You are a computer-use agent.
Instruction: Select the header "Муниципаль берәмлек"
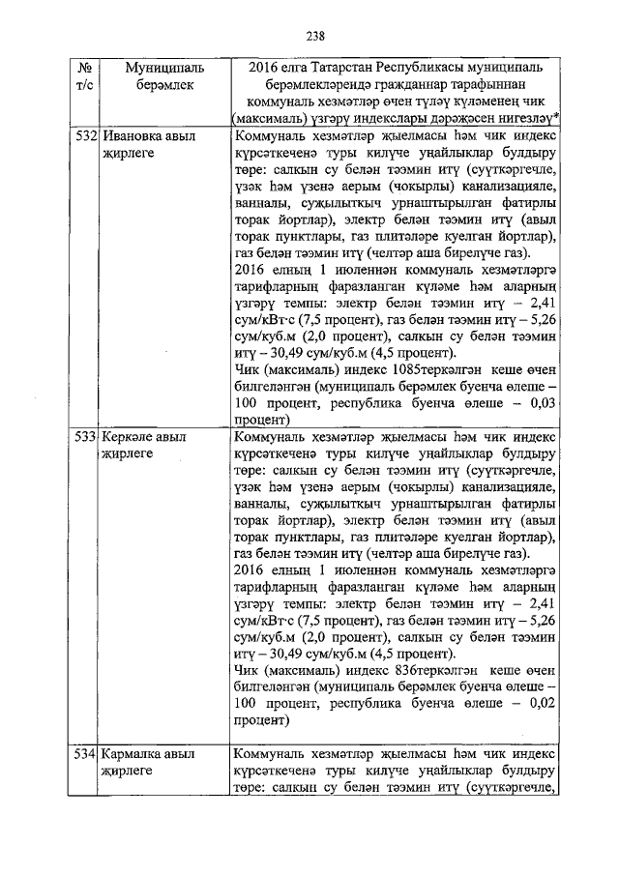click(x=164, y=77)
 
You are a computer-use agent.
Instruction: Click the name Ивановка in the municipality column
click(x=134, y=137)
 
